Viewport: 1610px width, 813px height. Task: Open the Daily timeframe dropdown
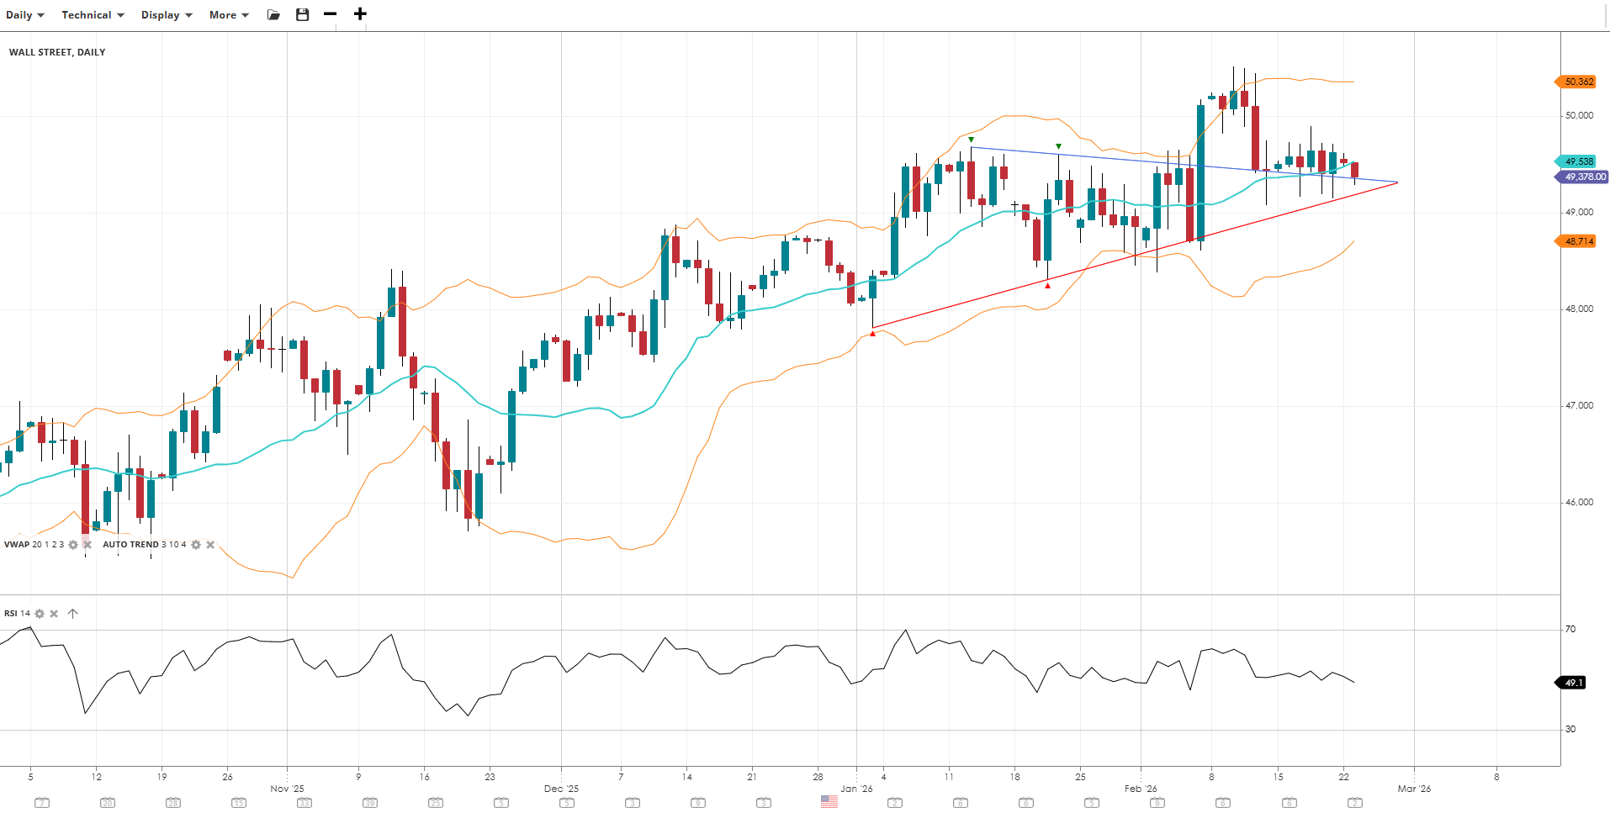24,15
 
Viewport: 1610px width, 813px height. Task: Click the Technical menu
93,15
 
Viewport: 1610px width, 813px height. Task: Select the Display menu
166,15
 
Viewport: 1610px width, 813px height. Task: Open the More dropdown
229,15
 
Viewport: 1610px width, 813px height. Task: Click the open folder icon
273,15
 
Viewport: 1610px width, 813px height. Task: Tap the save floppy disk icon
303,14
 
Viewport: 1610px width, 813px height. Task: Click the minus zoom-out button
330,14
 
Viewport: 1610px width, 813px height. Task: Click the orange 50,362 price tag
1577,82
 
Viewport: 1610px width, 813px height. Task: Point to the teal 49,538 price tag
1577,161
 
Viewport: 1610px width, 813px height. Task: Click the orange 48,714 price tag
1577,241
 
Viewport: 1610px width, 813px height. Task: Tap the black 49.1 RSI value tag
1572,683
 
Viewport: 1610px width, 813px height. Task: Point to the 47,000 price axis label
1579,405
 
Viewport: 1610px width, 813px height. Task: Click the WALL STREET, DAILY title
57,52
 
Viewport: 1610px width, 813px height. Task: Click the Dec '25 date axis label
561,789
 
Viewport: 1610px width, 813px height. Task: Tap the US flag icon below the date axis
829,802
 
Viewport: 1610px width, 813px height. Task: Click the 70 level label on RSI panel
1570,629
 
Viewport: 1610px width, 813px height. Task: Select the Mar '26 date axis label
1414,789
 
